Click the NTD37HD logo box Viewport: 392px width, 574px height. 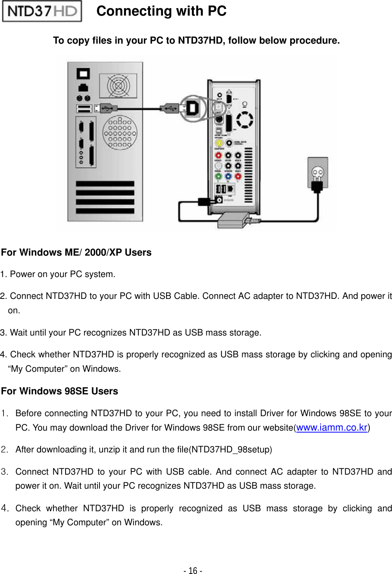coord(42,11)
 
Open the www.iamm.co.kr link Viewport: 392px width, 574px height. coord(332,427)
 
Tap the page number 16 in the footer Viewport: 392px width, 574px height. coord(193,570)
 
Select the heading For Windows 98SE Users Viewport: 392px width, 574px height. coord(59,391)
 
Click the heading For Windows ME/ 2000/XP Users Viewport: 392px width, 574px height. coord(76,252)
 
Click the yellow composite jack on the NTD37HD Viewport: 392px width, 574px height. coord(219,143)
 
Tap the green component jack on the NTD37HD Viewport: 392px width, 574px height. coord(218,177)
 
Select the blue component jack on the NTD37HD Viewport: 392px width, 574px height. coord(228,177)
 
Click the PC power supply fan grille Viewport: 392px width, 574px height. coord(118,86)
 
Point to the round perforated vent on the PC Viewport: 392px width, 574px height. coord(120,133)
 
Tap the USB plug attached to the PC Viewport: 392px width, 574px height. coord(106,108)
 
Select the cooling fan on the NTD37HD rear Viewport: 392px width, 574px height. coord(245,120)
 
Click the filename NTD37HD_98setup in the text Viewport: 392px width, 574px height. coord(230,449)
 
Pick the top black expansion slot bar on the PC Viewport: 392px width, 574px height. coord(105,184)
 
